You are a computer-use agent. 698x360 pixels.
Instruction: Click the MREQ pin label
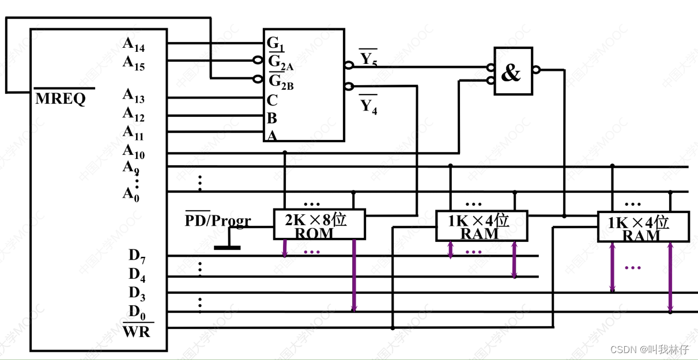coord(61,98)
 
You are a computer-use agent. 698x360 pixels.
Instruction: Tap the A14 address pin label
coord(134,44)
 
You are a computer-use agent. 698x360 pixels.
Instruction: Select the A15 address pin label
coord(134,63)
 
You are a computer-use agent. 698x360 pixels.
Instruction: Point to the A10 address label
coord(134,151)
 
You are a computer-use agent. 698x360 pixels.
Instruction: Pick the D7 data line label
coord(137,256)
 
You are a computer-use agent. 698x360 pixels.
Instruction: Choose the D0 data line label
coord(137,312)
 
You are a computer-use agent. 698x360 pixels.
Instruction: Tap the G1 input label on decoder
coord(275,44)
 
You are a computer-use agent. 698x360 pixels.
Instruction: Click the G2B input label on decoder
coord(281,81)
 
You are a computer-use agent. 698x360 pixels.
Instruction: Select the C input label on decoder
coord(272,100)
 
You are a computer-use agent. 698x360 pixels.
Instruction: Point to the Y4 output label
coord(369,105)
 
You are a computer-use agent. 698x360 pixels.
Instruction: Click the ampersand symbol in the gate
coord(511,73)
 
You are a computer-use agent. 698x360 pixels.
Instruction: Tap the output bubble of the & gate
coord(536,70)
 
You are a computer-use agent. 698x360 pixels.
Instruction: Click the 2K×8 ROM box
coord(319,225)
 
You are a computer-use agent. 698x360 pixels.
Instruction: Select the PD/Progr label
coord(218,219)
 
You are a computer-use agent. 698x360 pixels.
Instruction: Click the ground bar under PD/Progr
coord(227,248)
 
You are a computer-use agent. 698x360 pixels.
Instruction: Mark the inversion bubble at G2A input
coord(258,60)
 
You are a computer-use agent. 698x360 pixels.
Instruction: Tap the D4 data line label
coord(137,275)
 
